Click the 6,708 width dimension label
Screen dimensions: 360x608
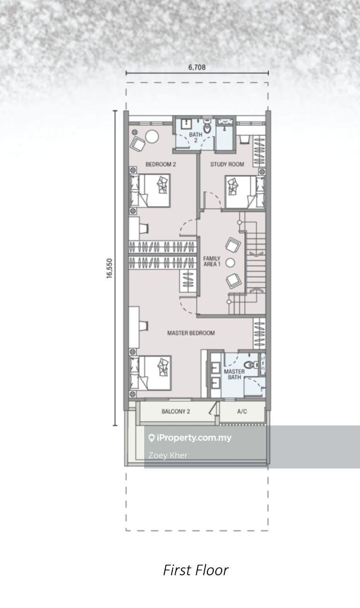click(x=197, y=67)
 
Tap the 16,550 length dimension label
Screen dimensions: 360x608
click(x=110, y=268)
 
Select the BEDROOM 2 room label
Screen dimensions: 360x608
click(x=161, y=164)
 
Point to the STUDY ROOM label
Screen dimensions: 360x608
click(x=227, y=164)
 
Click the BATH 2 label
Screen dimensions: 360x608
click(x=196, y=137)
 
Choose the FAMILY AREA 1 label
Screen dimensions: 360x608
click(x=212, y=261)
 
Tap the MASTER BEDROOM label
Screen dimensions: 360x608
click(x=191, y=333)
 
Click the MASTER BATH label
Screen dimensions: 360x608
click(x=234, y=374)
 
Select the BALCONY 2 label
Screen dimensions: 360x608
click(x=176, y=411)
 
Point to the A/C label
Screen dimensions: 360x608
click(x=242, y=411)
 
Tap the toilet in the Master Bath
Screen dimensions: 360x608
click(x=251, y=365)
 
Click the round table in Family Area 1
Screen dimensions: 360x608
click(x=230, y=263)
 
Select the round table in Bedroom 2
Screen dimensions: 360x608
click(x=152, y=137)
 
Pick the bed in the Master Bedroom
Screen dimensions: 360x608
click(x=150, y=373)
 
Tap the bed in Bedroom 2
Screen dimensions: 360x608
click(x=150, y=190)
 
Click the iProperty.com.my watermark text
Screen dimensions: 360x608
click(x=194, y=438)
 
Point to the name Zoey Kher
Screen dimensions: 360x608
click(x=168, y=455)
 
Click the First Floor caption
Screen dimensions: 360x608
click(x=196, y=570)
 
